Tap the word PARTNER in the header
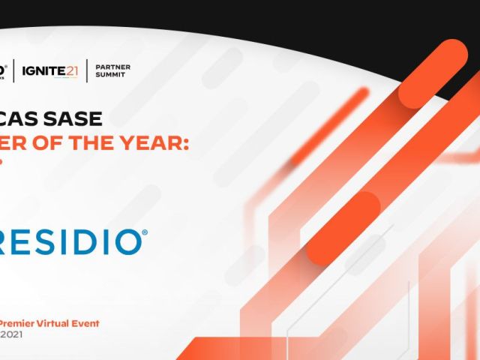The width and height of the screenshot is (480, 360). (112, 67)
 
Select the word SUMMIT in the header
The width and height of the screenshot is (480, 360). (110, 76)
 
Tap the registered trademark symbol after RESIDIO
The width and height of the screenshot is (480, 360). (145, 233)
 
